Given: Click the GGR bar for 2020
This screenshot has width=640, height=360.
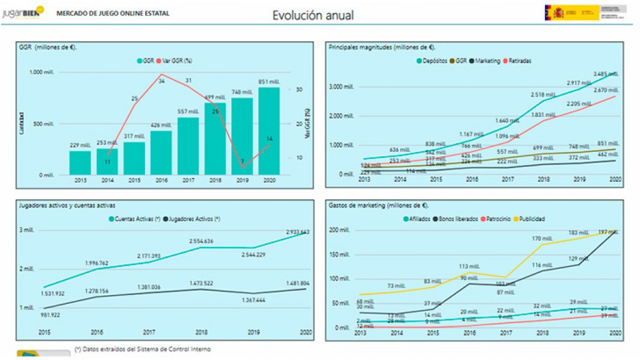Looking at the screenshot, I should tap(268, 131).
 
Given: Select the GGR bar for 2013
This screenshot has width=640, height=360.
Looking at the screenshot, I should tap(80, 163).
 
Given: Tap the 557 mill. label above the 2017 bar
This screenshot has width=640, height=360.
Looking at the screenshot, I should tap(187, 112).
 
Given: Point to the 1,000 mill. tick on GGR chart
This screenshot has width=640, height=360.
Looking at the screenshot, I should tap(43, 72).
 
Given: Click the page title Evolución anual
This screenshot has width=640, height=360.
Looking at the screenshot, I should tap(312, 15).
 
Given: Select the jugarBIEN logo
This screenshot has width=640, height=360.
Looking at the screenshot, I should tap(23, 12).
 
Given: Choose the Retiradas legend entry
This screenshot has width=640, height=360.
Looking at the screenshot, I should tap(520, 61).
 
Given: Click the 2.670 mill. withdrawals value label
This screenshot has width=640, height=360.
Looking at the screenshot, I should tap(606, 91).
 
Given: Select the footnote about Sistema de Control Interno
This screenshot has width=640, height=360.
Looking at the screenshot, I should tap(142, 349).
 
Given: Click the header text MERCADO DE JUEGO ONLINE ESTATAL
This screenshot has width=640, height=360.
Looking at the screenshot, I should tap(112, 12).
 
